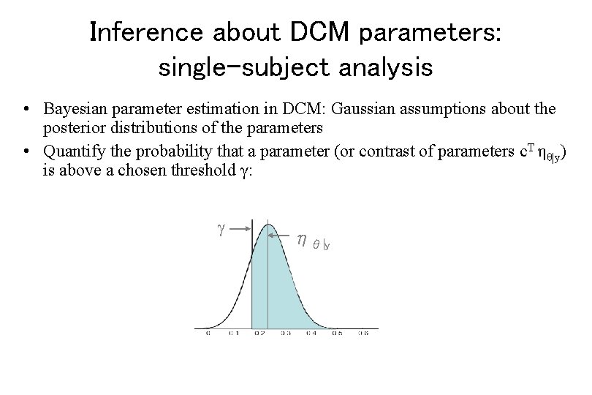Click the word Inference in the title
pyautogui.click(x=147, y=32)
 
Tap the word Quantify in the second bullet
pyautogui.click(x=71, y=151)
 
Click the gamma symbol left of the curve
pyautogui.click(x=221, y=228)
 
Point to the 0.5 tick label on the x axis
pyautogui.click(x=337, y=334)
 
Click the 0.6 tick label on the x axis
pyautogui.click(x=363, y=334)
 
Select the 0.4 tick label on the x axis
pyautogui.click(x=311, y=334)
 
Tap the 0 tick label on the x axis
pyautogui.click(x=207, y=334)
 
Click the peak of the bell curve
pyautogui.click(x=269, y=222)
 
